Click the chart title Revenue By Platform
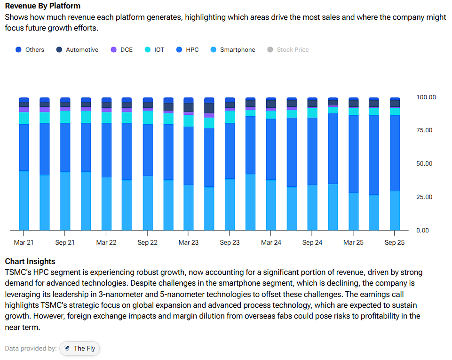tap(42, 6)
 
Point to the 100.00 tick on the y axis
tap(426, 97)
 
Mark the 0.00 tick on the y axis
tap(426, 230)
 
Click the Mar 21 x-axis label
tap(24, 243)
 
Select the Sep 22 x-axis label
tap(147, 243)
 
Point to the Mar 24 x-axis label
tap(271, 243)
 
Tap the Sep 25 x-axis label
tap(395, 243)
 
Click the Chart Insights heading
tap(30, 261)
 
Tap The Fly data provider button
tap(79, 348)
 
